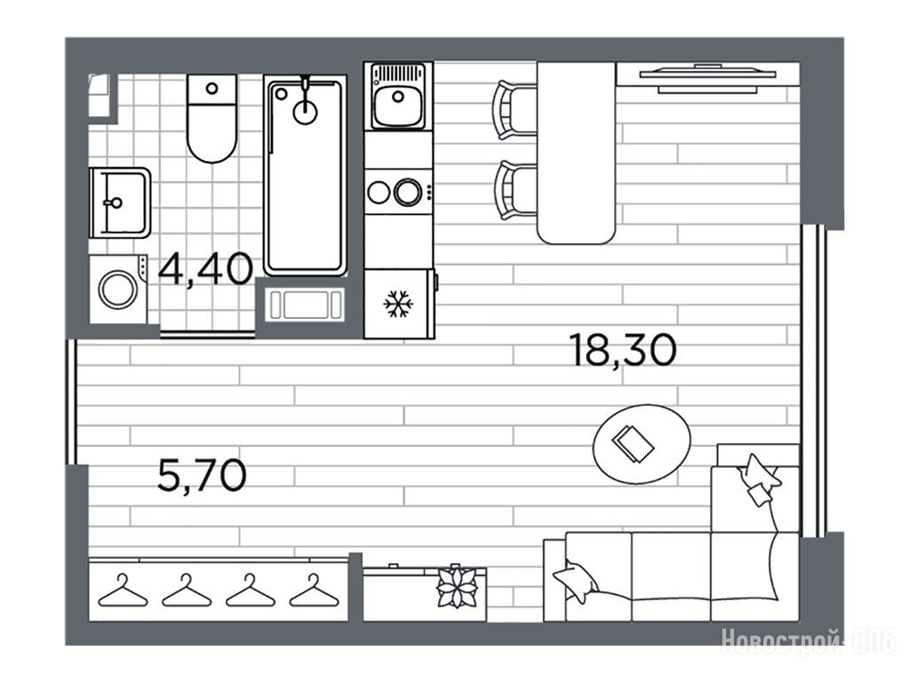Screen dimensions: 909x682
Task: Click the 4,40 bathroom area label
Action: click(206, 269)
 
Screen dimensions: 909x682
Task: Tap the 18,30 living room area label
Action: click(623, 351)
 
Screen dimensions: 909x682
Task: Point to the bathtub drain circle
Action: click(305, 112)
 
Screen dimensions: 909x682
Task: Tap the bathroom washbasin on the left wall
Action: click(120, 202)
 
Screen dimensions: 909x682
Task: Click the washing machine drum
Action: click(117, 288)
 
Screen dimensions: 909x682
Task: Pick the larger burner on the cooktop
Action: click(408, 192)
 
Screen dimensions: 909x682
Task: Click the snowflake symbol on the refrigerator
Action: click(399, 303)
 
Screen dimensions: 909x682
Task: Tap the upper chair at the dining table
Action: click(514, 110)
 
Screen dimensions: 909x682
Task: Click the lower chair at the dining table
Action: click(516, 191)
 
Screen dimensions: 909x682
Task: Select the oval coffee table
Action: click(642, 444)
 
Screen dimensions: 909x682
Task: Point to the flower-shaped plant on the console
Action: click(458, 586)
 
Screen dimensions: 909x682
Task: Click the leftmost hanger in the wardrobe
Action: click(123, 591)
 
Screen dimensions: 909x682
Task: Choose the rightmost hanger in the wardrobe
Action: click(315, 591)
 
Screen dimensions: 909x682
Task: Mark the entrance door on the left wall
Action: click(71, 401)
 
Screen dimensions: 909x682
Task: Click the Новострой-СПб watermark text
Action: click(809, 641)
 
